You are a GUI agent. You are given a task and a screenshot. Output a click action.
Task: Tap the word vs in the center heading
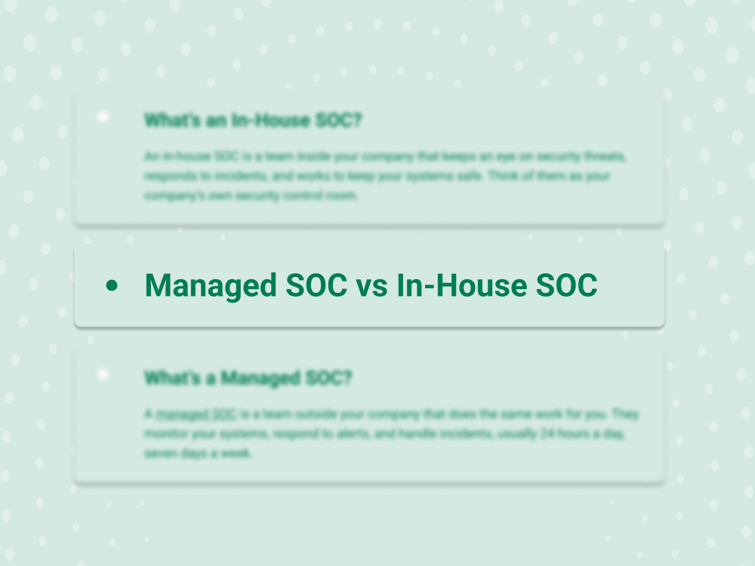pyautogui.click(x=371, y=285)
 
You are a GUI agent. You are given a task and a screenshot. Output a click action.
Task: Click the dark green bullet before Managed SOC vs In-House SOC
pyautogui.click(x=112, y=285)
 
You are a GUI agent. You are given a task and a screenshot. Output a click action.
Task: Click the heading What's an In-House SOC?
pyautogui.click(x=252, y=120)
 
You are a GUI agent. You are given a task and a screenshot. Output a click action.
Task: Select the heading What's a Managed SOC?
pyautogui.click(x=248, y=377)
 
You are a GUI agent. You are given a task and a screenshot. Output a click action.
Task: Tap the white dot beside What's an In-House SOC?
pyautogui.click(x=103, y=117)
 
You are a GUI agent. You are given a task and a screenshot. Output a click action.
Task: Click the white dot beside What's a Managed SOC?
pyautogui.click(x=103, y=374)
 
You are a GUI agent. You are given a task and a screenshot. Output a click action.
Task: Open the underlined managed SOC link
pyautogui.click(x=196, y=414)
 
